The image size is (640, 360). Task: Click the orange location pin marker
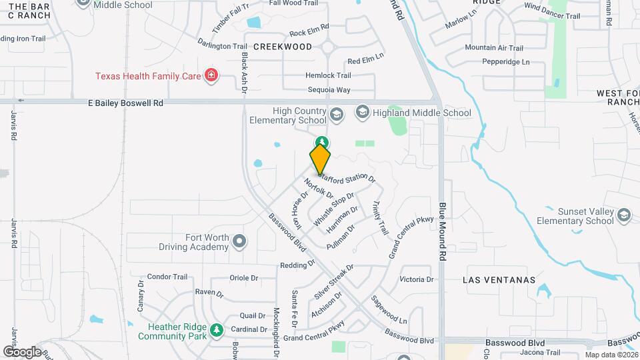(x=320, y=159)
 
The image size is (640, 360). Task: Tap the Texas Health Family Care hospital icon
(x=211, y=75)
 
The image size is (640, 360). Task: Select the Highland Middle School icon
(x=362, y=112)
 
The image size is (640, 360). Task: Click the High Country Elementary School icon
(x=336, y=115)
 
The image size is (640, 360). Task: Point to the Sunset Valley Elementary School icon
(x=623, y=215)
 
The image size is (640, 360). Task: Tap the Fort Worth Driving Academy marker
(x=239, y=241)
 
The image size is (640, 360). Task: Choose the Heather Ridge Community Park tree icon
(x=215, y=330)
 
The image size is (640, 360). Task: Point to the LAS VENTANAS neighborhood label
(x=499, y=280)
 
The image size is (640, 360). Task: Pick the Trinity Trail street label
(x=380, y=217)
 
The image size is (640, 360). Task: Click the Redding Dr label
(x=297, y=264)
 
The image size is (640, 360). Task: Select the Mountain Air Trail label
(x=494, y=47)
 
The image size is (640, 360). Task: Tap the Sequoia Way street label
(x=329, y=90)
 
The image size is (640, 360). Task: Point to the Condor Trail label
(x=167, y=277)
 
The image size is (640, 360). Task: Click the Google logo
(x=22, y=351)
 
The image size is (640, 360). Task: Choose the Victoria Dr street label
(x=416, y=279)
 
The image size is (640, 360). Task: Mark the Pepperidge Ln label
(x=506, y=62)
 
